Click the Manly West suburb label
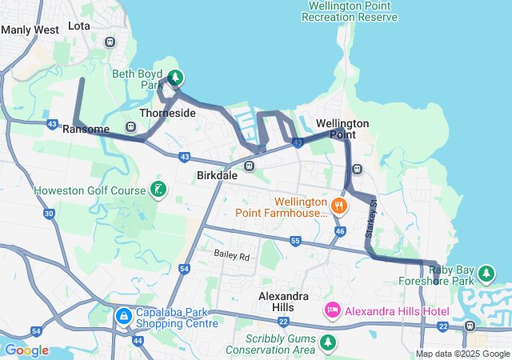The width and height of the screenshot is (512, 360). [30, 30]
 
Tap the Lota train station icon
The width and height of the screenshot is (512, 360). [110, 42]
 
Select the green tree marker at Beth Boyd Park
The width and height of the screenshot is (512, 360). [175, 78]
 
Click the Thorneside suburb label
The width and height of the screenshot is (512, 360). [167, 114]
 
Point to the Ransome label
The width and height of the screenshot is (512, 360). [85, 129]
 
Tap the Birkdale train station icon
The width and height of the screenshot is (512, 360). [250, 166]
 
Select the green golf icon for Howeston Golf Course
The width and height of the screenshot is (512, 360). [158, 190]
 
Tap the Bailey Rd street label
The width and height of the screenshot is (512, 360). [232, 256]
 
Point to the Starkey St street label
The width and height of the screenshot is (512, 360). [370, 218]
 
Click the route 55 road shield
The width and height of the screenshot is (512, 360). [295, 241]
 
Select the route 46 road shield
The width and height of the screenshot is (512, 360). [340, 231]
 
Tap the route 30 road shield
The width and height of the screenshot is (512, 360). [49, 214]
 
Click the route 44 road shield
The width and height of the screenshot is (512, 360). [138, 341]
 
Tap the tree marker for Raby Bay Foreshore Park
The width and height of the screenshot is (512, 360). [486, 274]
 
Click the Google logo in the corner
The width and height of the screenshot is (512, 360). [26, 350]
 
